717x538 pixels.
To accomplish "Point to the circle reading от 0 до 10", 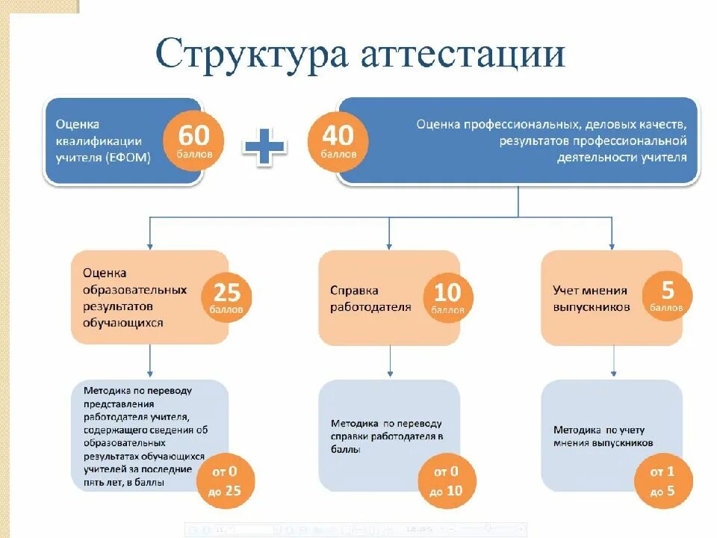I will [446, 480].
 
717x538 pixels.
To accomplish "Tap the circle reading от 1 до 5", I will [662, 480].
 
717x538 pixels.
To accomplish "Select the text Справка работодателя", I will [370, 298].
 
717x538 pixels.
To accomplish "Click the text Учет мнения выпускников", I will [590, 298].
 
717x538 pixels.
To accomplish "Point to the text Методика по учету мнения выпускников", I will [603, 436].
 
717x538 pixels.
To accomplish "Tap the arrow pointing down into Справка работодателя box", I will [388, 245].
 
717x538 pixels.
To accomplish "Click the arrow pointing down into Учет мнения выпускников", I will [612, 245].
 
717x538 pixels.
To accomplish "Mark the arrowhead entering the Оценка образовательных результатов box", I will [150, 245].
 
